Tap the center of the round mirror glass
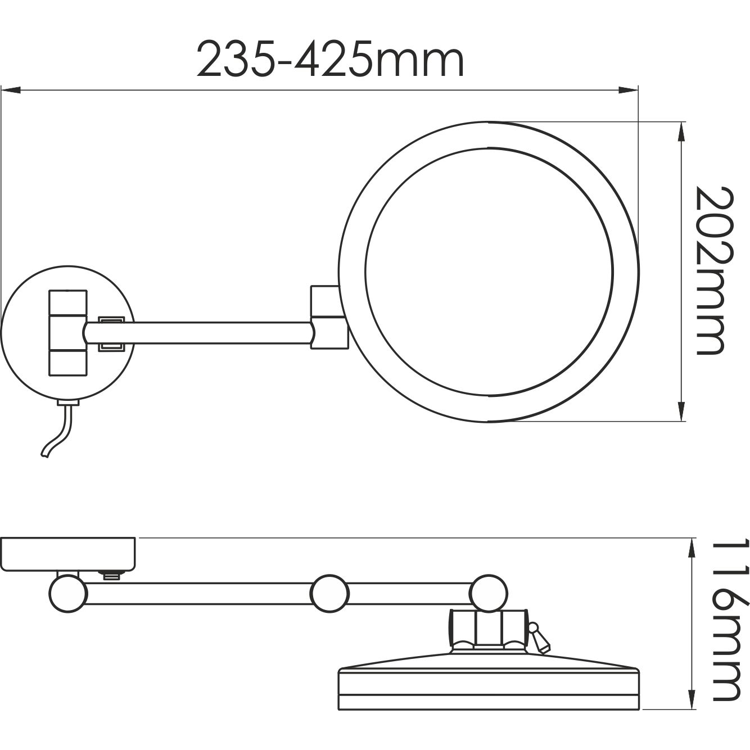point(489,271)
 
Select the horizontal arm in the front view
point(214,333)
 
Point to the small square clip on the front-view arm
point(111,333)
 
